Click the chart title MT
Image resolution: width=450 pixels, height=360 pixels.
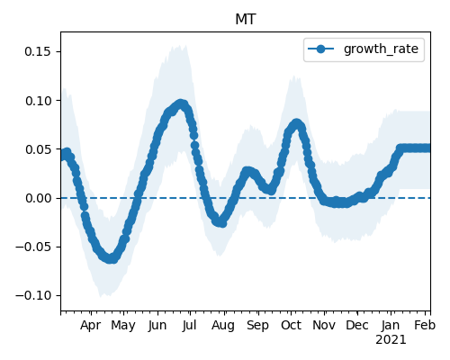(246, 20)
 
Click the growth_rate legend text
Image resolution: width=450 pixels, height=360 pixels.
(381, 49)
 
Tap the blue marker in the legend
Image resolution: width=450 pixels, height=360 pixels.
(320, 49)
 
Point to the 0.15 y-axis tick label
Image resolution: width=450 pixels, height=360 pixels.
(38, 51)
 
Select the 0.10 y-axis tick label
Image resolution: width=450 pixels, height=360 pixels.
(38, 101)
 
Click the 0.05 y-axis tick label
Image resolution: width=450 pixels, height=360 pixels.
(38, 149)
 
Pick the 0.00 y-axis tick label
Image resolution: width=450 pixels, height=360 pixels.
(38, 198)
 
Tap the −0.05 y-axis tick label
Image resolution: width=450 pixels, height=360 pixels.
(33, 247)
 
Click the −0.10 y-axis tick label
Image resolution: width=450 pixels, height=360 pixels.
(33, 296)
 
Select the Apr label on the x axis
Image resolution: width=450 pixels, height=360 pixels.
(90, 326)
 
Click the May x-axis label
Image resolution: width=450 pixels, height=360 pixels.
(123, 326)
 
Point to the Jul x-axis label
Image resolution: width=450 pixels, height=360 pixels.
(189, 325)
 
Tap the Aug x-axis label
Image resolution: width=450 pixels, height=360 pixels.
(223, 326)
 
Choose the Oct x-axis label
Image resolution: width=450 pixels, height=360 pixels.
(291, 325)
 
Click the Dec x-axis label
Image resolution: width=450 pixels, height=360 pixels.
(357, 325)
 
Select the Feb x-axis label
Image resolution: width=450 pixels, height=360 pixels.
(425, 325)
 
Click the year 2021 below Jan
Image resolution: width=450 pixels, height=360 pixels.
(391, 340)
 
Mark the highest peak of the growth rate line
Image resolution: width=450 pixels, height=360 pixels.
(180, 104)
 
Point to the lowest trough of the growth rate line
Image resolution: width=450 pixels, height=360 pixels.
(111, 259)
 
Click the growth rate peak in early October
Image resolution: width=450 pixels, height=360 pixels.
(296, 123)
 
